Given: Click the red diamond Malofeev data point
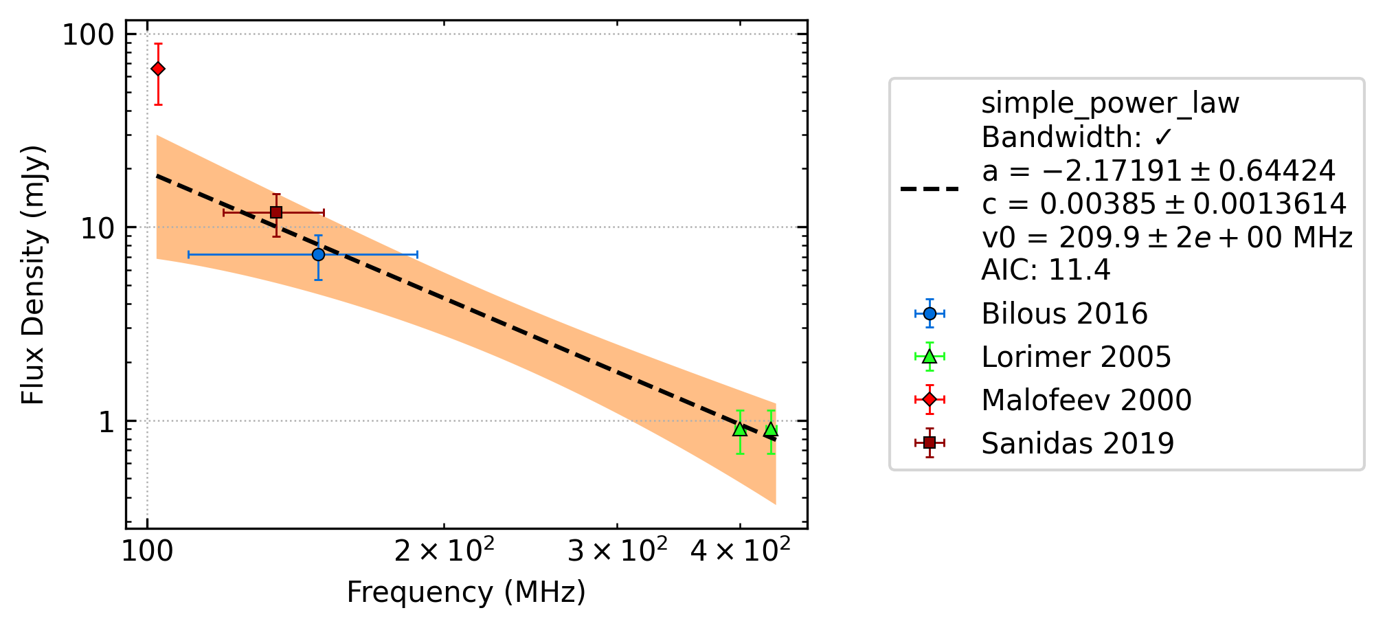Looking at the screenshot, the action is pyautogui.click(x=158, y=69).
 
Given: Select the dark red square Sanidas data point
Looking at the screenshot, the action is pyautogui.click(x=276, y=212).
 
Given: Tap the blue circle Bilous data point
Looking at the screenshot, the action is pyautogui.click(x=318, y=254).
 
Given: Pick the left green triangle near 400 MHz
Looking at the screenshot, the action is pyautogui.click(x=740, y=429).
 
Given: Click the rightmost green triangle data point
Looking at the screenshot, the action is pyautogui.click(x=771, y=429).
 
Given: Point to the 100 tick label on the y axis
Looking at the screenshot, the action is pyautogui.click(x=87, y=34).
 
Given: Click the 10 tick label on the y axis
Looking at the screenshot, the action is pyautogui.click(x=97, y=227).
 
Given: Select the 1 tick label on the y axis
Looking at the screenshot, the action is pyautogui.click(x=106, y=421).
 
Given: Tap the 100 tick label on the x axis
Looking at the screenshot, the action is pyautogui.click(x=147, y=551).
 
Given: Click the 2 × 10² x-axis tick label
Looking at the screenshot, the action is pyautogui.click(x=444, y=550).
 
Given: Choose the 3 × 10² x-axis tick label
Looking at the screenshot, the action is pyautogui.click(x=617, y=550).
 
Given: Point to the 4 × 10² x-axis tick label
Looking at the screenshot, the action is pyautogui.click(x=740, y=550).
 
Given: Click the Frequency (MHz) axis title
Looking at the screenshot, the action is pyautogui.click(x=466, y=592).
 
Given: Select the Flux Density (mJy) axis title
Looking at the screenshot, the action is pyautogui.click(x=33, y=275).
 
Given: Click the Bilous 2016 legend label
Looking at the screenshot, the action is pyautogui.click(x=1064, y=314).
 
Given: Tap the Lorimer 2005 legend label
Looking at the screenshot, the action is pyautogui.click(x=1076, y=357).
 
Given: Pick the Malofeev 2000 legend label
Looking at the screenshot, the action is pyautogui.click(x=1086, y=401).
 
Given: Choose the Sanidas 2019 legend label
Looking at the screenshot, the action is pyautogui.click(x=1077, y=444).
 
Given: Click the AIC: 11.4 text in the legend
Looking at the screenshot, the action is pyautogui.click(x=1046, y=270).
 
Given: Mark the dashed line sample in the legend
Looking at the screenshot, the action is pyautogui.click(x=930, y=188).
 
